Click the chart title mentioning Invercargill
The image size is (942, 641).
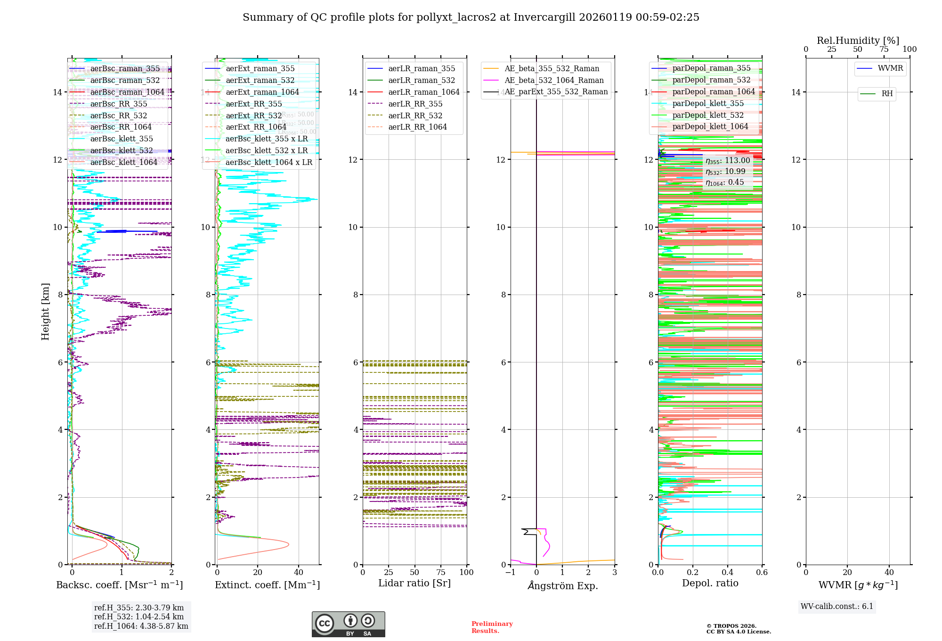point(471,17)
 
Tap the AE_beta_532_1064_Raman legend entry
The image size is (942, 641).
point(553,80)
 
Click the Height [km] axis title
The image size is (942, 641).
point(45,311)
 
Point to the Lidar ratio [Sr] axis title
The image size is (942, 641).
point(414,583)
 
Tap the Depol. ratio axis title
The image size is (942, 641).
point(710,583)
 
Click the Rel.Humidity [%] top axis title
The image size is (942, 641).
point(858,41)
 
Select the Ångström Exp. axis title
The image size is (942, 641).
point(562,585)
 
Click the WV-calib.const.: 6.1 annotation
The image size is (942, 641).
point(836,607)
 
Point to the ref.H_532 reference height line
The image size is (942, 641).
point(138,616)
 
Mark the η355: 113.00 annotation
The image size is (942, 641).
point(728,161)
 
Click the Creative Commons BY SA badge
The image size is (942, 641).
point(348,624)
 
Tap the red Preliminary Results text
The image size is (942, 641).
point(492,627)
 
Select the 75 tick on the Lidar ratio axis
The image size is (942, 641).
point(441,573)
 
